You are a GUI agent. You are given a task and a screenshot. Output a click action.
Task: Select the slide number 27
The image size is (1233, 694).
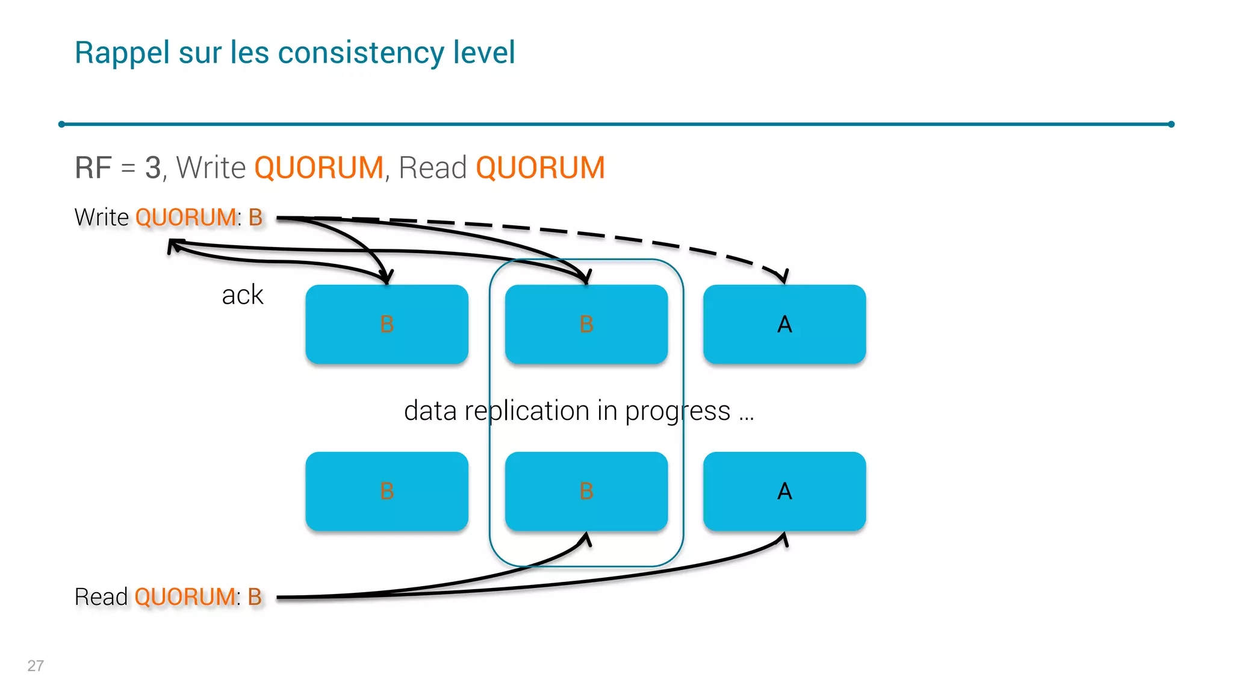point(36,666)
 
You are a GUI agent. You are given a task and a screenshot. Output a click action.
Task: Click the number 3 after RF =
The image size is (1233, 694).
point(153,167)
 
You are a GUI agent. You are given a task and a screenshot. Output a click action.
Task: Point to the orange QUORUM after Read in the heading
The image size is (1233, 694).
point(540,167)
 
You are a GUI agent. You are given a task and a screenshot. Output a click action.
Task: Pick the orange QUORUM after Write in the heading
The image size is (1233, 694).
point(318,167)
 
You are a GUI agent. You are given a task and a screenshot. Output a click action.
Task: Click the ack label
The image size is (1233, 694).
point(243,295)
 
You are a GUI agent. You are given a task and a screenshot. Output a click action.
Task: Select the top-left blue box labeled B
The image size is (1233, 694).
point(387,324)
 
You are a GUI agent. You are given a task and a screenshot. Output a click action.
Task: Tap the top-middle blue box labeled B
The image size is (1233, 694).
point(586,324)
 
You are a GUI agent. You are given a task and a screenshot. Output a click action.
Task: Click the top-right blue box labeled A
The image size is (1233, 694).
point(784,324)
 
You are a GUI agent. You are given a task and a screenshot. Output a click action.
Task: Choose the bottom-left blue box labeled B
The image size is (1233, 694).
point(387,491)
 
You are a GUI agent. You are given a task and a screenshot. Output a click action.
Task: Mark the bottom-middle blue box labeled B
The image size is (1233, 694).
point(586,491)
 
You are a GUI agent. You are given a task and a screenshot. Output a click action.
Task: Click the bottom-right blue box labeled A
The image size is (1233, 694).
point(784,491)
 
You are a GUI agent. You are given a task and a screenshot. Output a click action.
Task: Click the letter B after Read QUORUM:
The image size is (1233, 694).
point(255,597)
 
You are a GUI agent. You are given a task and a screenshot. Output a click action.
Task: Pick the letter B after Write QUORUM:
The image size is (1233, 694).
point(255,217)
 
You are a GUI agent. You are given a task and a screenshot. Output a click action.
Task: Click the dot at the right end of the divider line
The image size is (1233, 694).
point(1171,124)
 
